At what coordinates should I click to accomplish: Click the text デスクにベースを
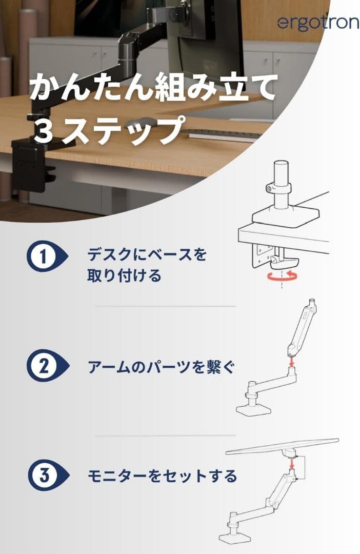(x=147, y=254)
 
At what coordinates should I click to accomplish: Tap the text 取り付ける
(x=124, y=276)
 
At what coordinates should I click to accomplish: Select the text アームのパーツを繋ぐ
(x=161, y=367)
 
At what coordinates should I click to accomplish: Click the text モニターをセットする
(x=162, y=477)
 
